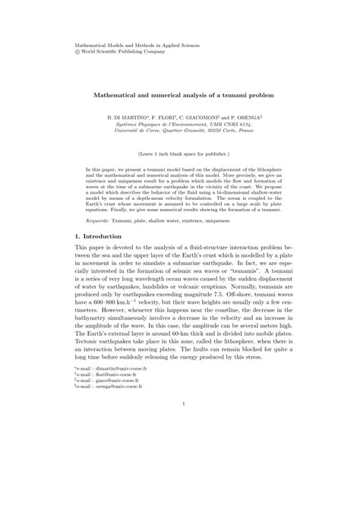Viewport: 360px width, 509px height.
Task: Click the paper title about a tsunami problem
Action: pos(179,96)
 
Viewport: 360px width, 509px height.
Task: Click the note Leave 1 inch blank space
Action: pos(179,153)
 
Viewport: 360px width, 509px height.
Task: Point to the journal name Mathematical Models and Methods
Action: pos(132,46)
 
